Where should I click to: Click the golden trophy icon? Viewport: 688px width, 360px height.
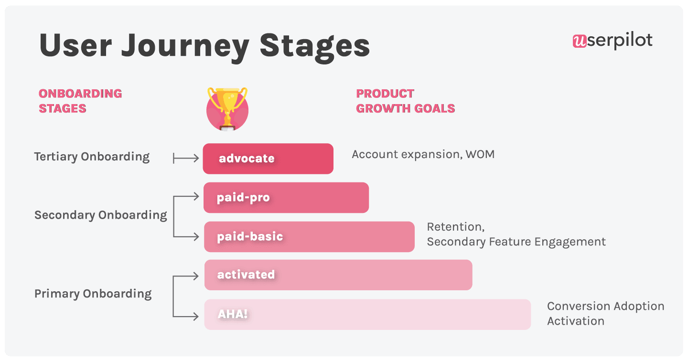(227, 108)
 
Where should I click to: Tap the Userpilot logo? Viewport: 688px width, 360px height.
(613, 41)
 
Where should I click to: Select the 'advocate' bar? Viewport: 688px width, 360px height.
(268, 159)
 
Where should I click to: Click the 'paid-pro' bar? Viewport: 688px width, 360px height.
(286, 198)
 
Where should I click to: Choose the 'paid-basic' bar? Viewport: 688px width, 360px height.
(309, 237)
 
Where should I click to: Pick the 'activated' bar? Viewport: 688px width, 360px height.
(338, 275)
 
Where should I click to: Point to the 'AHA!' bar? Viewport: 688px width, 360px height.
(367, 315)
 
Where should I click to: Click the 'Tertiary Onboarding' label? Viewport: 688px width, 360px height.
(92, 157)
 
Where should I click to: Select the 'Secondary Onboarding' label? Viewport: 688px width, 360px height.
(101, 215)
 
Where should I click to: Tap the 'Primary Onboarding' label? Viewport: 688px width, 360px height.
(93, 294)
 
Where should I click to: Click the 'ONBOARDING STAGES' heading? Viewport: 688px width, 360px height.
(80, 101)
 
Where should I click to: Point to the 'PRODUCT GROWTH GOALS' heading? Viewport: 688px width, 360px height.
(405, 101)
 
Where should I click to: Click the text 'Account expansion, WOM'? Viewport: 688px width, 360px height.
(423, 154)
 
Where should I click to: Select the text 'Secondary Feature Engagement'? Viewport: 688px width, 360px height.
(516, 242)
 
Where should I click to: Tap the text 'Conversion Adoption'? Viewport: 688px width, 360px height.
(605, 306)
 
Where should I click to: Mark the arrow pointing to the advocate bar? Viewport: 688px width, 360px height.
(186, 159)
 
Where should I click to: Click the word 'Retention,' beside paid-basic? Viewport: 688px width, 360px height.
(455, 227)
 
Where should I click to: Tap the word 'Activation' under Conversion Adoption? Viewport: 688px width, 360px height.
(575, 321)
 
